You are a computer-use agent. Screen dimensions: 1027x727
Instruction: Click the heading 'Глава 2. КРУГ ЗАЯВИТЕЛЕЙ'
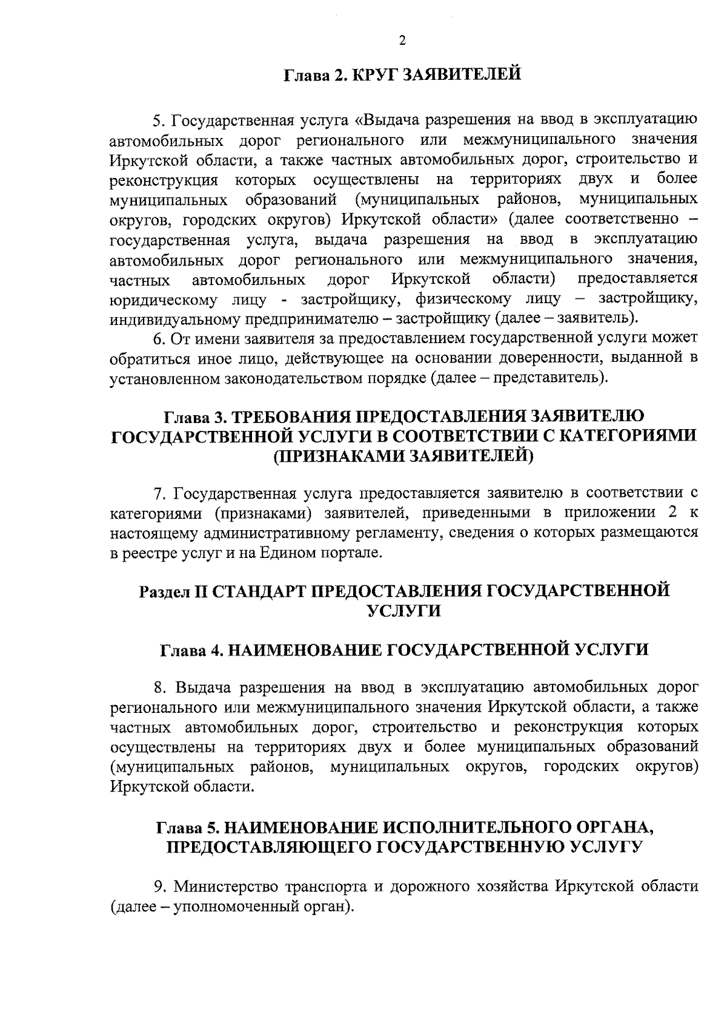pos(403,76)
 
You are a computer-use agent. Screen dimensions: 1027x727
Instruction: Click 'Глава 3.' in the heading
pos(195,417)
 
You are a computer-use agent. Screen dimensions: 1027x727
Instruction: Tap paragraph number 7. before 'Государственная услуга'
pos(161,494)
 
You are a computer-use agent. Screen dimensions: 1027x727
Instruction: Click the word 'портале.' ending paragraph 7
pos(356,553)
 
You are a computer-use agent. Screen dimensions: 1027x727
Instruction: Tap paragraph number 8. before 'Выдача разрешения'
pos(161,688)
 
